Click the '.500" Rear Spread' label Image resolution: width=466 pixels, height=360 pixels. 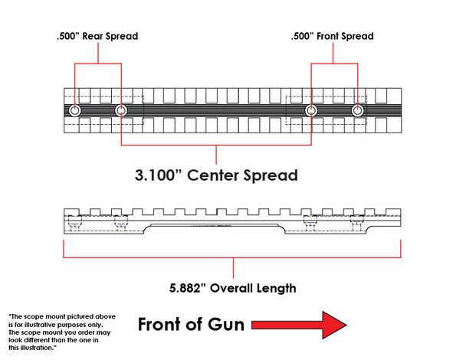tap(97, 36)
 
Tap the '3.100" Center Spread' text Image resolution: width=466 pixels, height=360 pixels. tap(215, 175)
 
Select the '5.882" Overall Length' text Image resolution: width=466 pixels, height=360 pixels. tap(233, 288)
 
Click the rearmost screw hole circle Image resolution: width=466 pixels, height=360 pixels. tap(74, 111)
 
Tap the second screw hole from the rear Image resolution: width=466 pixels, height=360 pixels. tap(121, 111)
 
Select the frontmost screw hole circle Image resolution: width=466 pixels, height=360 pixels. tap(357, 111)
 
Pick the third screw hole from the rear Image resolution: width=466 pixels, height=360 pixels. tap(311, 111)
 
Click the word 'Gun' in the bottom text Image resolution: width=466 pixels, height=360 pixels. tap(224, 325)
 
